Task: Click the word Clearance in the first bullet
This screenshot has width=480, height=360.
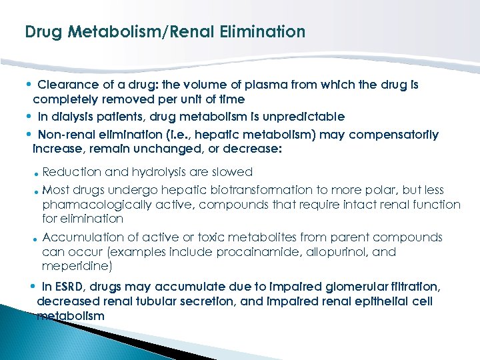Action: point(65,85)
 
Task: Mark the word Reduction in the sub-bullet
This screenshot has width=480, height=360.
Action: point(67,172)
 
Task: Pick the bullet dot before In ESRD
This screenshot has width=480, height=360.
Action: point(33,286)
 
